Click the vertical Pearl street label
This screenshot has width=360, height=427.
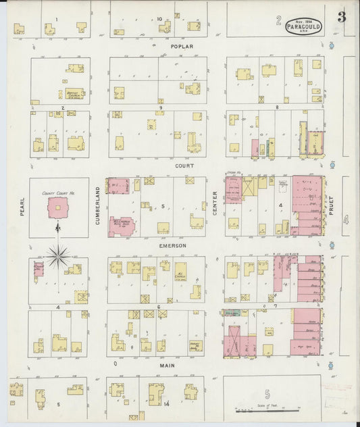pos(22,203)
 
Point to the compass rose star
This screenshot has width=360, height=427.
pos(59,255)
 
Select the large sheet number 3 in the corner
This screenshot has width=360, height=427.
pos(342,18)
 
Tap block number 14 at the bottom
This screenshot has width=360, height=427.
pos(166,404)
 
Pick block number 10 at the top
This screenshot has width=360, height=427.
pos(159,19)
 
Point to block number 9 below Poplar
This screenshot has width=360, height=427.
pos(161,107)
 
